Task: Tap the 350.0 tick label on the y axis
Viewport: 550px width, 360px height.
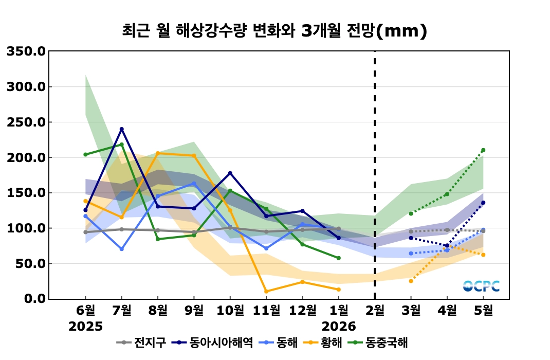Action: click(26, 51)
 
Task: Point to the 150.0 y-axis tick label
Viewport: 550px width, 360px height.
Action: click(26, 193)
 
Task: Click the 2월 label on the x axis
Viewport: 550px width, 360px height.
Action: click(375, 311)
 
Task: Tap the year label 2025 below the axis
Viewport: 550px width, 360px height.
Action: click(86, 327)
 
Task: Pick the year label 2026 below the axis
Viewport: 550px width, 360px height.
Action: click(339, 327)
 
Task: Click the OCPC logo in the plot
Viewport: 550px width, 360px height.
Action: click(481, 286)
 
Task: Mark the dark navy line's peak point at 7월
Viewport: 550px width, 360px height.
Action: click(122, 129)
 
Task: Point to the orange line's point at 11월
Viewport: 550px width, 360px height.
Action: click(266, 292)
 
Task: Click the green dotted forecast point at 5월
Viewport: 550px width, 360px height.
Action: click(483, 150)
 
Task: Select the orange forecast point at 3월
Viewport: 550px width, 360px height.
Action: click(411, 281)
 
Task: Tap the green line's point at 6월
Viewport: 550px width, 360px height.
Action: click(85, 154)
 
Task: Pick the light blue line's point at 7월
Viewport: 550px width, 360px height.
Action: click(122, 249)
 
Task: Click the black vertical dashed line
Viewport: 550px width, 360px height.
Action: click(375, 175)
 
